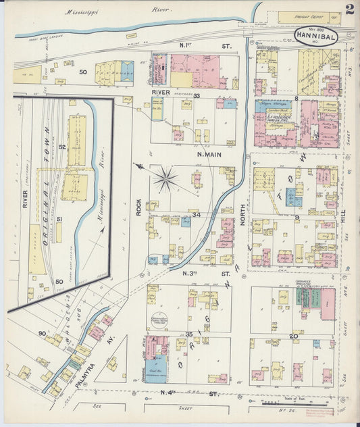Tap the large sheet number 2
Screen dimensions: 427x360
(349, 9)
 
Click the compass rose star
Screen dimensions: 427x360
(165, 179)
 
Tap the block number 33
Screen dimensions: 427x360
(197, 96)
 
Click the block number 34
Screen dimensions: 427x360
(197, 215)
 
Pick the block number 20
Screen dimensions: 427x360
(294, 336)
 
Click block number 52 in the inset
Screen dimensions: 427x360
(62, 147)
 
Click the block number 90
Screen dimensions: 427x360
(42, 333)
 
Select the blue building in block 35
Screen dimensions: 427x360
(155, 369)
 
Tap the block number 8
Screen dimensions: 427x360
(296, 99)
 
